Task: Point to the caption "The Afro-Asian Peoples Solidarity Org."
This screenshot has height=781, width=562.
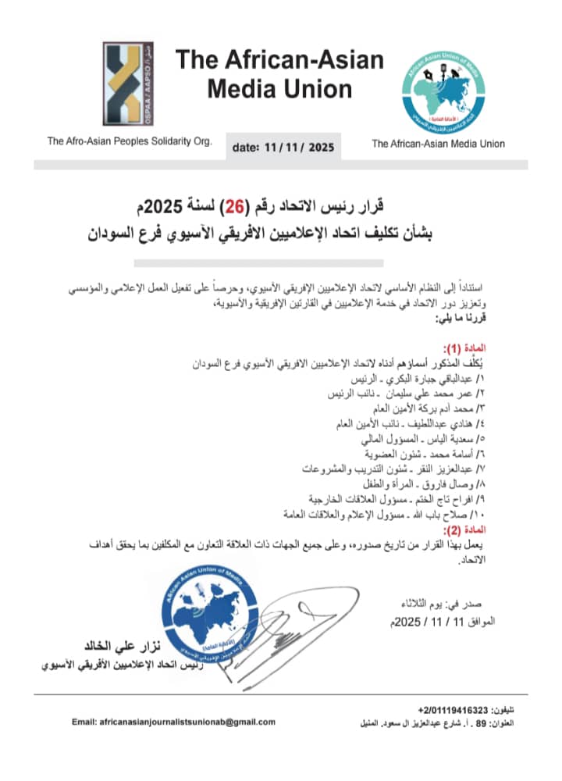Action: [x=129, y=141]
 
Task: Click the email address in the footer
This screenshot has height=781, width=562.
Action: [x=173, y=722]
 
